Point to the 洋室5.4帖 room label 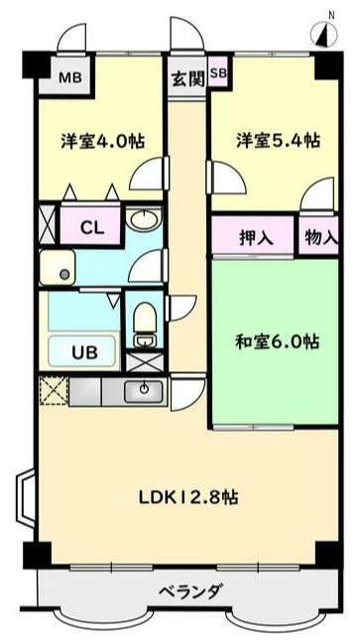pos(278,140)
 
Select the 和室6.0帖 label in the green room pos(277,341)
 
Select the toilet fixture pos(146,325)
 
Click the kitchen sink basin pos(144,390)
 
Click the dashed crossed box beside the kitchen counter pos(53,389)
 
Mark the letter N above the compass pos(330,13)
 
